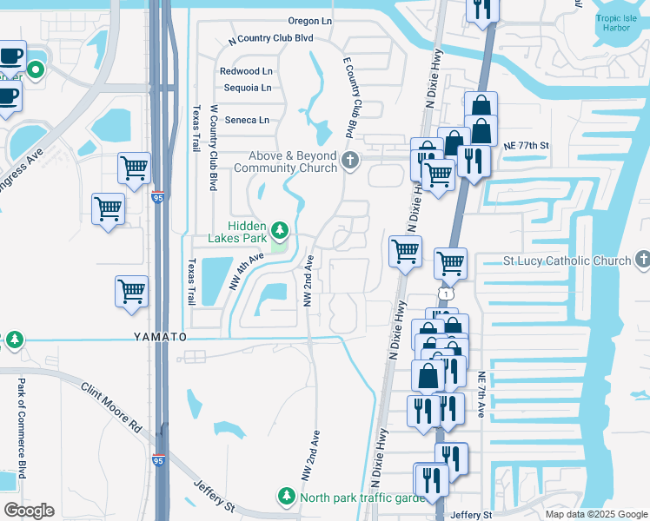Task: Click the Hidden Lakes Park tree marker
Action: pyautogui.click(x=280, y=230)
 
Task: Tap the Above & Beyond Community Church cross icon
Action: pyautogui.click(x=350, y=160)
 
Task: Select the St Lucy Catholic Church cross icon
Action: pyautogui.click(x=642, y=259)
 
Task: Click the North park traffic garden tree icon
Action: pyautogui.click(x=286, y=496)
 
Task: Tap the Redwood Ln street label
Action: pyautogui.click(x=246, y=71)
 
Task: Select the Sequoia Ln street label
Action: pyautogui.click(x=248, y=88)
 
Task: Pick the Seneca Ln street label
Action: pyautogui.click(x=247, y=120)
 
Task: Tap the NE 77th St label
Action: pyautogui.click(x=527, y=147)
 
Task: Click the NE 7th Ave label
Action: pyautogui.click(x=481, y=396)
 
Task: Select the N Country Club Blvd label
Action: pyautogui.click(x=270, y=39)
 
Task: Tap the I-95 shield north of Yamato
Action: pyautogui.click(x=159, y=197)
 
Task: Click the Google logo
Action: pyautogui.click(x=29, y=510)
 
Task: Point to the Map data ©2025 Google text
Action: pyautogui.click(x=596, y=514)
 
